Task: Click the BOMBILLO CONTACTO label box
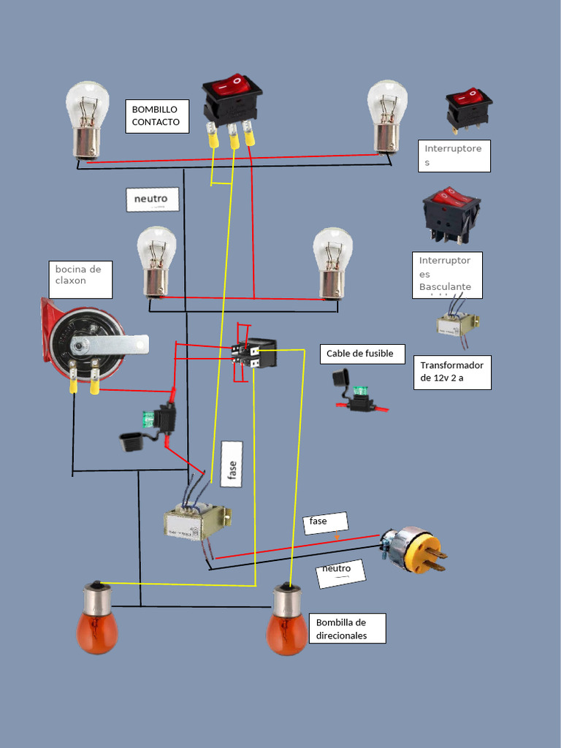click(156, 115)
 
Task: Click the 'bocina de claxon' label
click(80, 279)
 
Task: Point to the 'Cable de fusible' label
click(361, 354)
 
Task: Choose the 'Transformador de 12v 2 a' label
click(451, 372)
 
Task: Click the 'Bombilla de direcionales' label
click(347, 628)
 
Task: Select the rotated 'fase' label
click(232, 463)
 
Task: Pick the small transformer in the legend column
click(458, 322)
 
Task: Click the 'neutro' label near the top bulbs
click(153, 199)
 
